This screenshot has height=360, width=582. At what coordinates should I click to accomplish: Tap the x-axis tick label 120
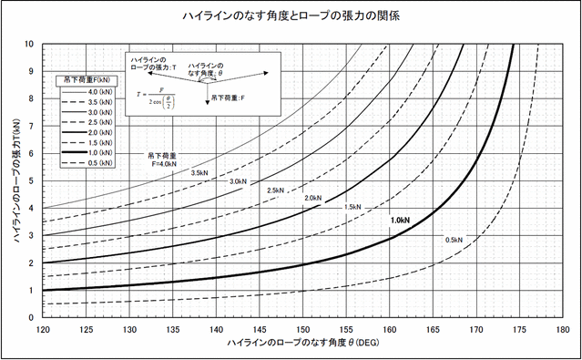pos(44,331)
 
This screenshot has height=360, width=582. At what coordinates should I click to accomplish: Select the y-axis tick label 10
pos(30,44)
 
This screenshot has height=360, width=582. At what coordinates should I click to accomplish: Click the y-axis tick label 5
pos(33,180)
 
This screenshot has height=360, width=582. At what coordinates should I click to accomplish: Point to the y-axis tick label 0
pos(33,318)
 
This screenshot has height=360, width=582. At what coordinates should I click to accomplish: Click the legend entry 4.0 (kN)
pos(85,91)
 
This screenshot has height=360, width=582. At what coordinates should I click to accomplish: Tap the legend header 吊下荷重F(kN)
pos(86,79)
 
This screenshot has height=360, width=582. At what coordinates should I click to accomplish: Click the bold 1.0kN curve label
pos(400,221)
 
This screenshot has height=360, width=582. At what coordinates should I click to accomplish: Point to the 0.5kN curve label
pos(455,240)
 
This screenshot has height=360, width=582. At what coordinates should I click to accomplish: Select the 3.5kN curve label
pos(176,171)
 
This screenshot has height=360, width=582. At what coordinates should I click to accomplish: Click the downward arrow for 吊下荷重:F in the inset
pos(207,94)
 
